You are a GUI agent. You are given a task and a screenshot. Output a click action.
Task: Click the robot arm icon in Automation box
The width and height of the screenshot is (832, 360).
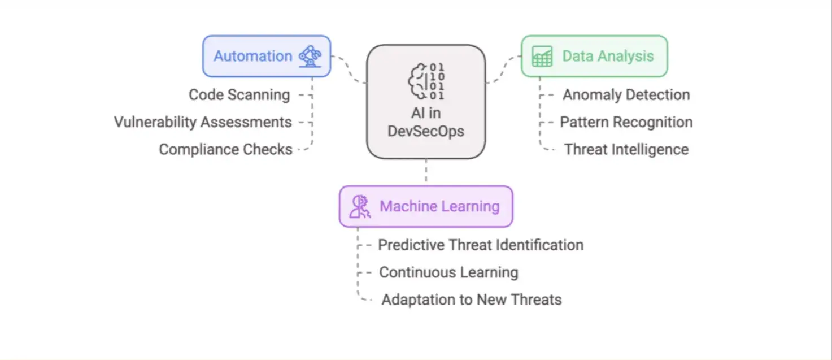tap(310, 56)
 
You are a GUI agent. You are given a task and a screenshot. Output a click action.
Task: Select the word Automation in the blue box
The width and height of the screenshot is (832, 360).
tap(252, 56)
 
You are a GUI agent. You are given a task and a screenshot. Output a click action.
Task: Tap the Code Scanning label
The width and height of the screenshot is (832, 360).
tap(239, 95)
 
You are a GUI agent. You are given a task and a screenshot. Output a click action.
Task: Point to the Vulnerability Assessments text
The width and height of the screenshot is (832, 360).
tap(203, 122)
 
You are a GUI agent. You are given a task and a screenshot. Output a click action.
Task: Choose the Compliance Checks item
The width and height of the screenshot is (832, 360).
tap(225, 150)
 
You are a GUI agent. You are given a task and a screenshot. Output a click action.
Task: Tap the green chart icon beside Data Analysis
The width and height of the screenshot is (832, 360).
tap(542, 57)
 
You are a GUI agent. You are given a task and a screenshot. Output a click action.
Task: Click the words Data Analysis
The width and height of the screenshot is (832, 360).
tap(608, 56)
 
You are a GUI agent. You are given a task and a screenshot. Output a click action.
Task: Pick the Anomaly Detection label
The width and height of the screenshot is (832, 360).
tap(626, 95)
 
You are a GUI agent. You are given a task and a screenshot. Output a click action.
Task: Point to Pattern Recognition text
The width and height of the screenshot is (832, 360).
tap(626, 122)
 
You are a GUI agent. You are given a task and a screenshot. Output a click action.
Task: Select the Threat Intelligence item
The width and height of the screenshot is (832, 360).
tap(626, 150)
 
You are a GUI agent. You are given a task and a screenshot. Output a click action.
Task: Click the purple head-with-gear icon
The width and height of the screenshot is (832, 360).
tap(359, 206)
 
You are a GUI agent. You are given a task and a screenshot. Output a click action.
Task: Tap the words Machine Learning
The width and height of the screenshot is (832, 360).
tap(439, 206)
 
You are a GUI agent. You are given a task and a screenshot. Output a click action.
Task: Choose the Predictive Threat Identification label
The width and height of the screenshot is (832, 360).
tap(480, 245)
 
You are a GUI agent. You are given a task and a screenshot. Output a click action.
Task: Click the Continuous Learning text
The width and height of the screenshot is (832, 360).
tap(448, 272)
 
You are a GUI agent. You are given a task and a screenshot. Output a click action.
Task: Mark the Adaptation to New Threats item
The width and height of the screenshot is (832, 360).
tap(471, 300)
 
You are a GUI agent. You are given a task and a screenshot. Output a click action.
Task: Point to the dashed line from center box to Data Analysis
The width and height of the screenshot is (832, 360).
tap(503, 69)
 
